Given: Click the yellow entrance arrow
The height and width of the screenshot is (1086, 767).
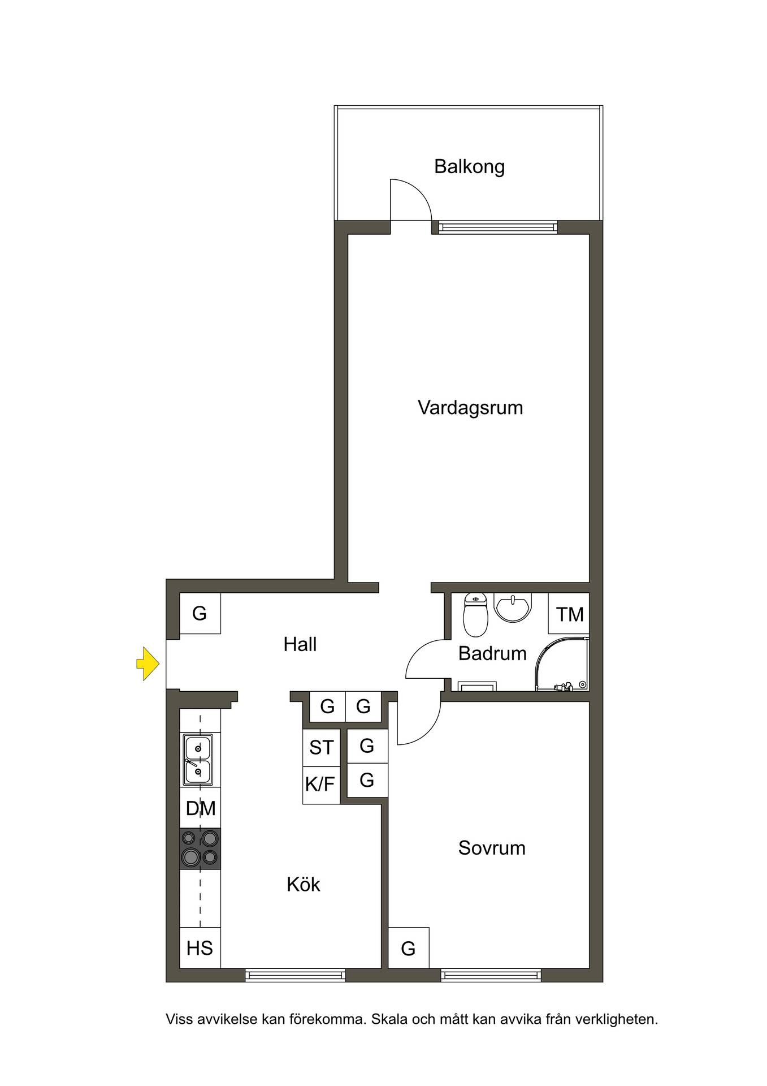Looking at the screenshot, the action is pyautogui.click(x=148, y=663).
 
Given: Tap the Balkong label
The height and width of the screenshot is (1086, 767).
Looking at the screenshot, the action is pyautogui.click(x=469, y=167).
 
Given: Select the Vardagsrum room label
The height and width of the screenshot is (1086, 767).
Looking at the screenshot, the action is pyautogui.click(x=470, y=408).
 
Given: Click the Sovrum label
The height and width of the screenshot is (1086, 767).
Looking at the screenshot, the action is pyautogui.click(x=492, y=848).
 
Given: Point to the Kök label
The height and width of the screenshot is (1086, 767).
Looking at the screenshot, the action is pyautogui.click(x=304, y=884).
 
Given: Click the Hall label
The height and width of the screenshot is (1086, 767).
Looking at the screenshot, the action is pyautogui.click(x=300, y=644).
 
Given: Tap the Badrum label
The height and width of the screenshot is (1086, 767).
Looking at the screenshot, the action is pyautogui.click(x=492, y=653).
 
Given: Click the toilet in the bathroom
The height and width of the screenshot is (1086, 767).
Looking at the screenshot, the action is pyautogui.click(x=475, y=614).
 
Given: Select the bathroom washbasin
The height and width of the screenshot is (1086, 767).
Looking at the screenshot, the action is pyautogui.click(x=513, y=607).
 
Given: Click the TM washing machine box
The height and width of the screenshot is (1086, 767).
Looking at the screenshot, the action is pyautogui.click(x=569, y=613).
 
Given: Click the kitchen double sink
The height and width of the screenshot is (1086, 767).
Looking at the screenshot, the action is pyautogui.click(x=197, y=760).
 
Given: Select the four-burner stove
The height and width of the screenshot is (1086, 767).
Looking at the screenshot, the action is pyautogui.click(x=200, y=848).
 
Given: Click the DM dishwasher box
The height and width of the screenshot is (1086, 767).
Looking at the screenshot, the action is pyautogui.click(x=201, y=808).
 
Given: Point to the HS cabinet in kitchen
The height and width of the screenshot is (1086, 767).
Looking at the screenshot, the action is pyautogui.click(x=200, y=947).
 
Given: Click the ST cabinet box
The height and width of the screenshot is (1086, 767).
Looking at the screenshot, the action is pyautogui.click(x=322, y=748).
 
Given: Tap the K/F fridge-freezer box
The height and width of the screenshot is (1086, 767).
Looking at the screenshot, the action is pyautogui.click(x=320, y=785).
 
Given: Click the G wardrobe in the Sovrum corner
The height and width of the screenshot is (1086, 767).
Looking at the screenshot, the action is pyautogui.click(x=409, y=947).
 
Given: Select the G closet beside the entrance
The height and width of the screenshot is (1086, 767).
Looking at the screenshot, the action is pyautogui.click(x=200, y=613).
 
